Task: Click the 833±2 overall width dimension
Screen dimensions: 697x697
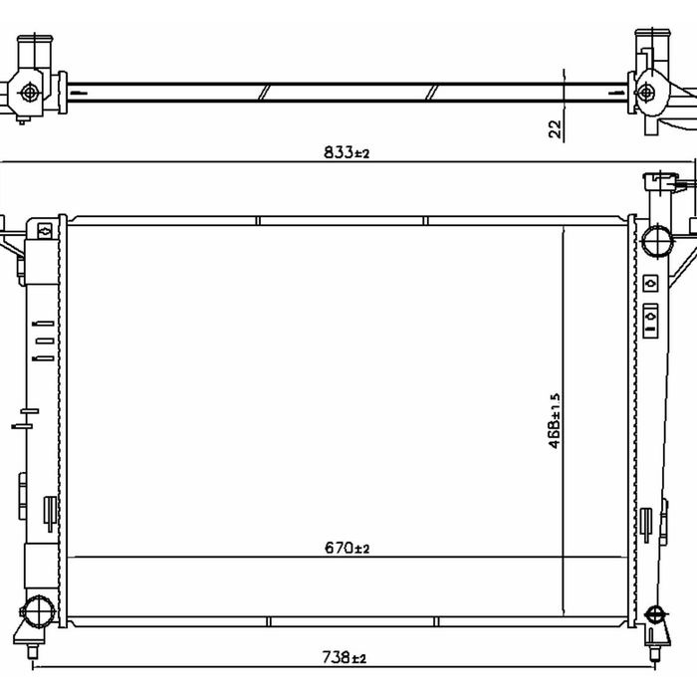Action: click(347, 152)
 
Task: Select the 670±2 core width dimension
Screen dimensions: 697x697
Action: click(347, 548)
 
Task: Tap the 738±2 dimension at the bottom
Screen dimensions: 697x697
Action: click(345, 657)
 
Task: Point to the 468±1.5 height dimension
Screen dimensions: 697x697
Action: click(556, 420)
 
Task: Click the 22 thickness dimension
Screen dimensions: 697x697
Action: click(556, 128)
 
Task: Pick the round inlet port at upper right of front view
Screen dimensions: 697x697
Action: click(657, 241)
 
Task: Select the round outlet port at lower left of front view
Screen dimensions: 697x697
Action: click(39, 612)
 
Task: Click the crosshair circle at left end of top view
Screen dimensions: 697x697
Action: click(30, 93)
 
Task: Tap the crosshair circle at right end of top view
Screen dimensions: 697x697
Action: click(645, 93)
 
